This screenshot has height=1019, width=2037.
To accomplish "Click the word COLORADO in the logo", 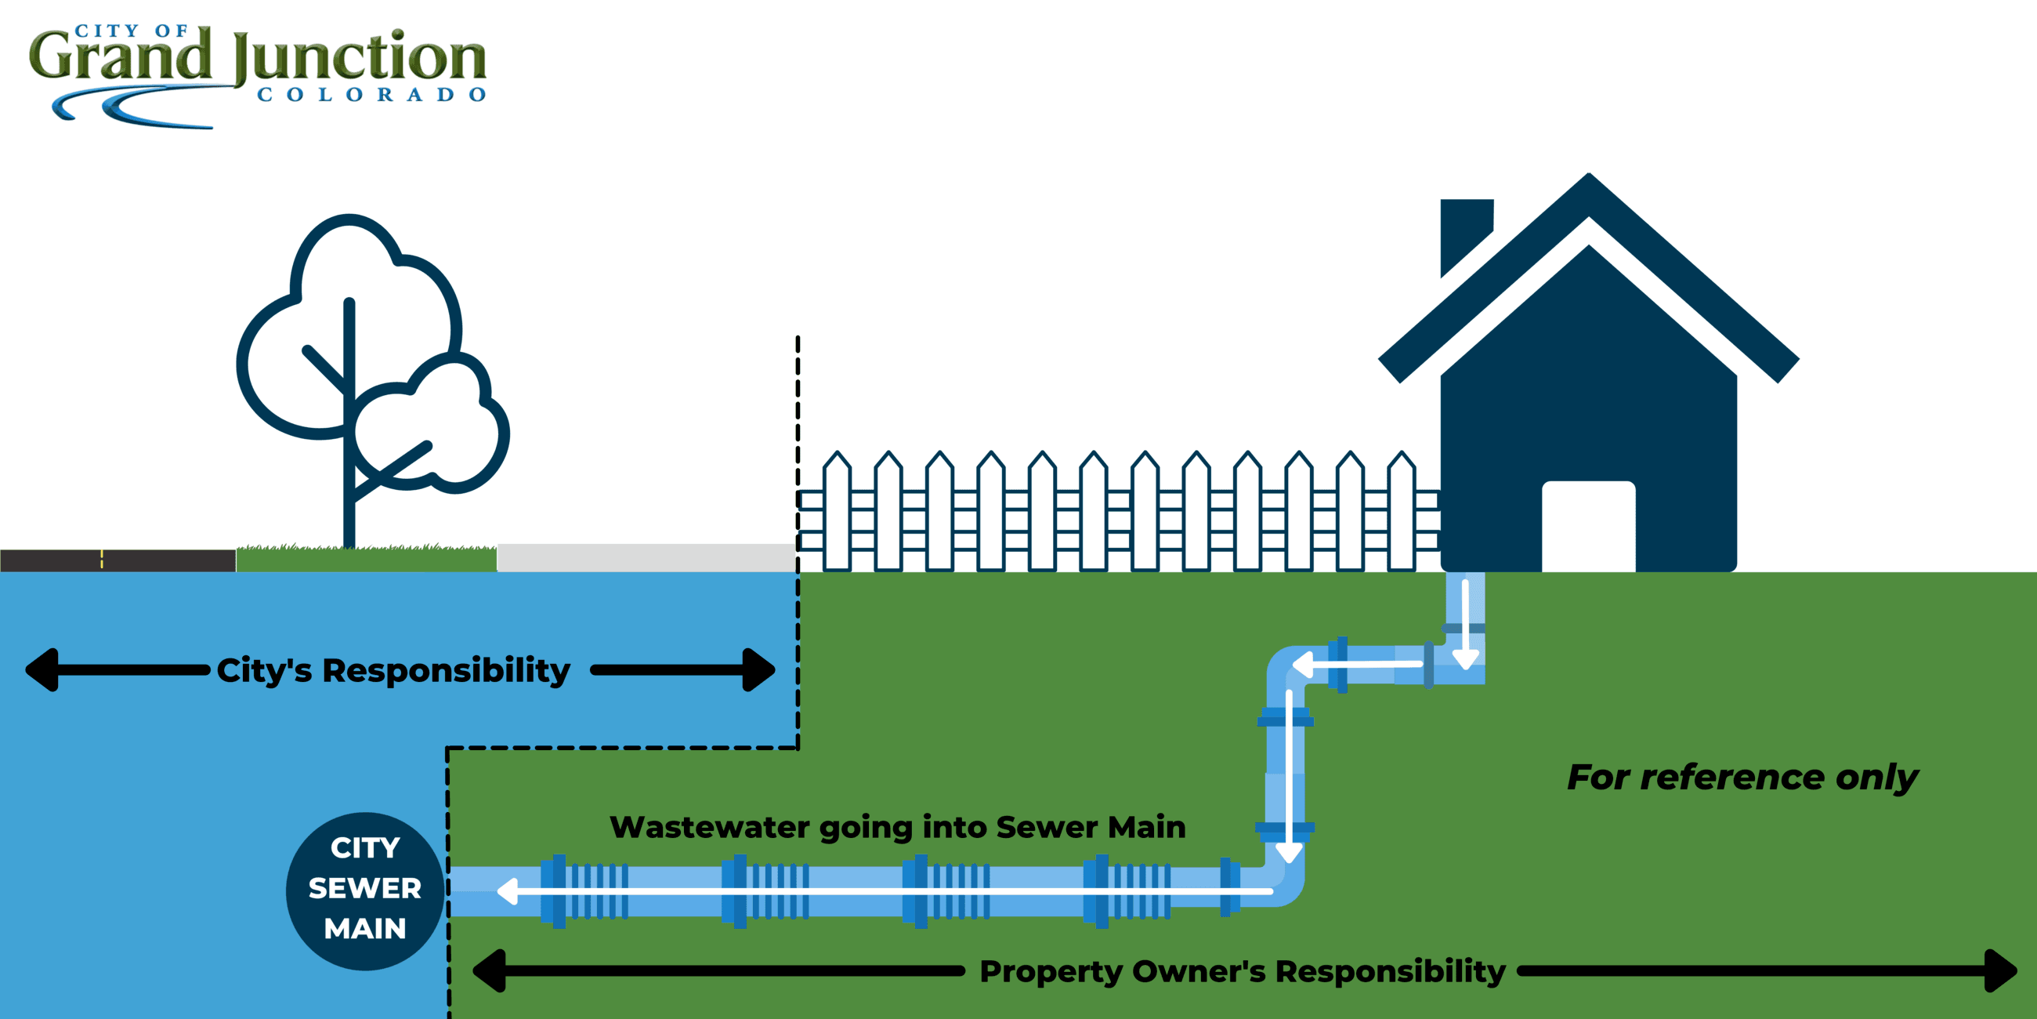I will [371, 95].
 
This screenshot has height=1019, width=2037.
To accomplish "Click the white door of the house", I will [1588, 526].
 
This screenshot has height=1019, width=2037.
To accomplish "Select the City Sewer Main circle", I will [364, 890].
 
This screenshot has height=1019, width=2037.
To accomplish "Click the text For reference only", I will [1742, 777].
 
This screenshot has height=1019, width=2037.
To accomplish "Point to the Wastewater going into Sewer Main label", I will [898, 828].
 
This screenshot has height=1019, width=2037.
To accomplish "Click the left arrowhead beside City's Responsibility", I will [41, 670].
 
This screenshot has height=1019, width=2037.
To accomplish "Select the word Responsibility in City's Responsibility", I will [446, 671].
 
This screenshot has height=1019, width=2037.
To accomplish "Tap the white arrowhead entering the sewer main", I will [507, 890].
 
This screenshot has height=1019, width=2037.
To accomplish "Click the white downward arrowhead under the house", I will [1465, 659].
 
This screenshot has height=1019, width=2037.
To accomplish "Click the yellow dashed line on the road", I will [102, 560].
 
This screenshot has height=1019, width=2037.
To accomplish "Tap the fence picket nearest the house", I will [1402, 514].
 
